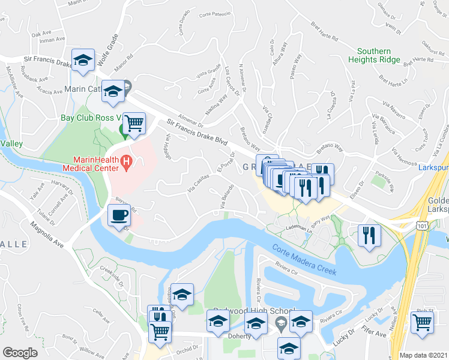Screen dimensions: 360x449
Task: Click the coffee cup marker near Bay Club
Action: (x=119, y=215)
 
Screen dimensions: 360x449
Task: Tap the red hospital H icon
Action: (x=126, y=161)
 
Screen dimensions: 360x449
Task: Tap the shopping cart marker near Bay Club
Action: (x=135, y=122)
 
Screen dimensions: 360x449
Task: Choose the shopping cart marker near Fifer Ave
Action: (x=423, y=321)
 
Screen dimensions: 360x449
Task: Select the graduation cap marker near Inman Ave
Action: (x=83, y=59)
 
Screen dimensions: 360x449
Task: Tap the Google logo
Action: (x=20, y=352)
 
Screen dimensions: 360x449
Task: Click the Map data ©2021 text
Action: (x=424, y=355)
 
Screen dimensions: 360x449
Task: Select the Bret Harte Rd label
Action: (x=325, y=31)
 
